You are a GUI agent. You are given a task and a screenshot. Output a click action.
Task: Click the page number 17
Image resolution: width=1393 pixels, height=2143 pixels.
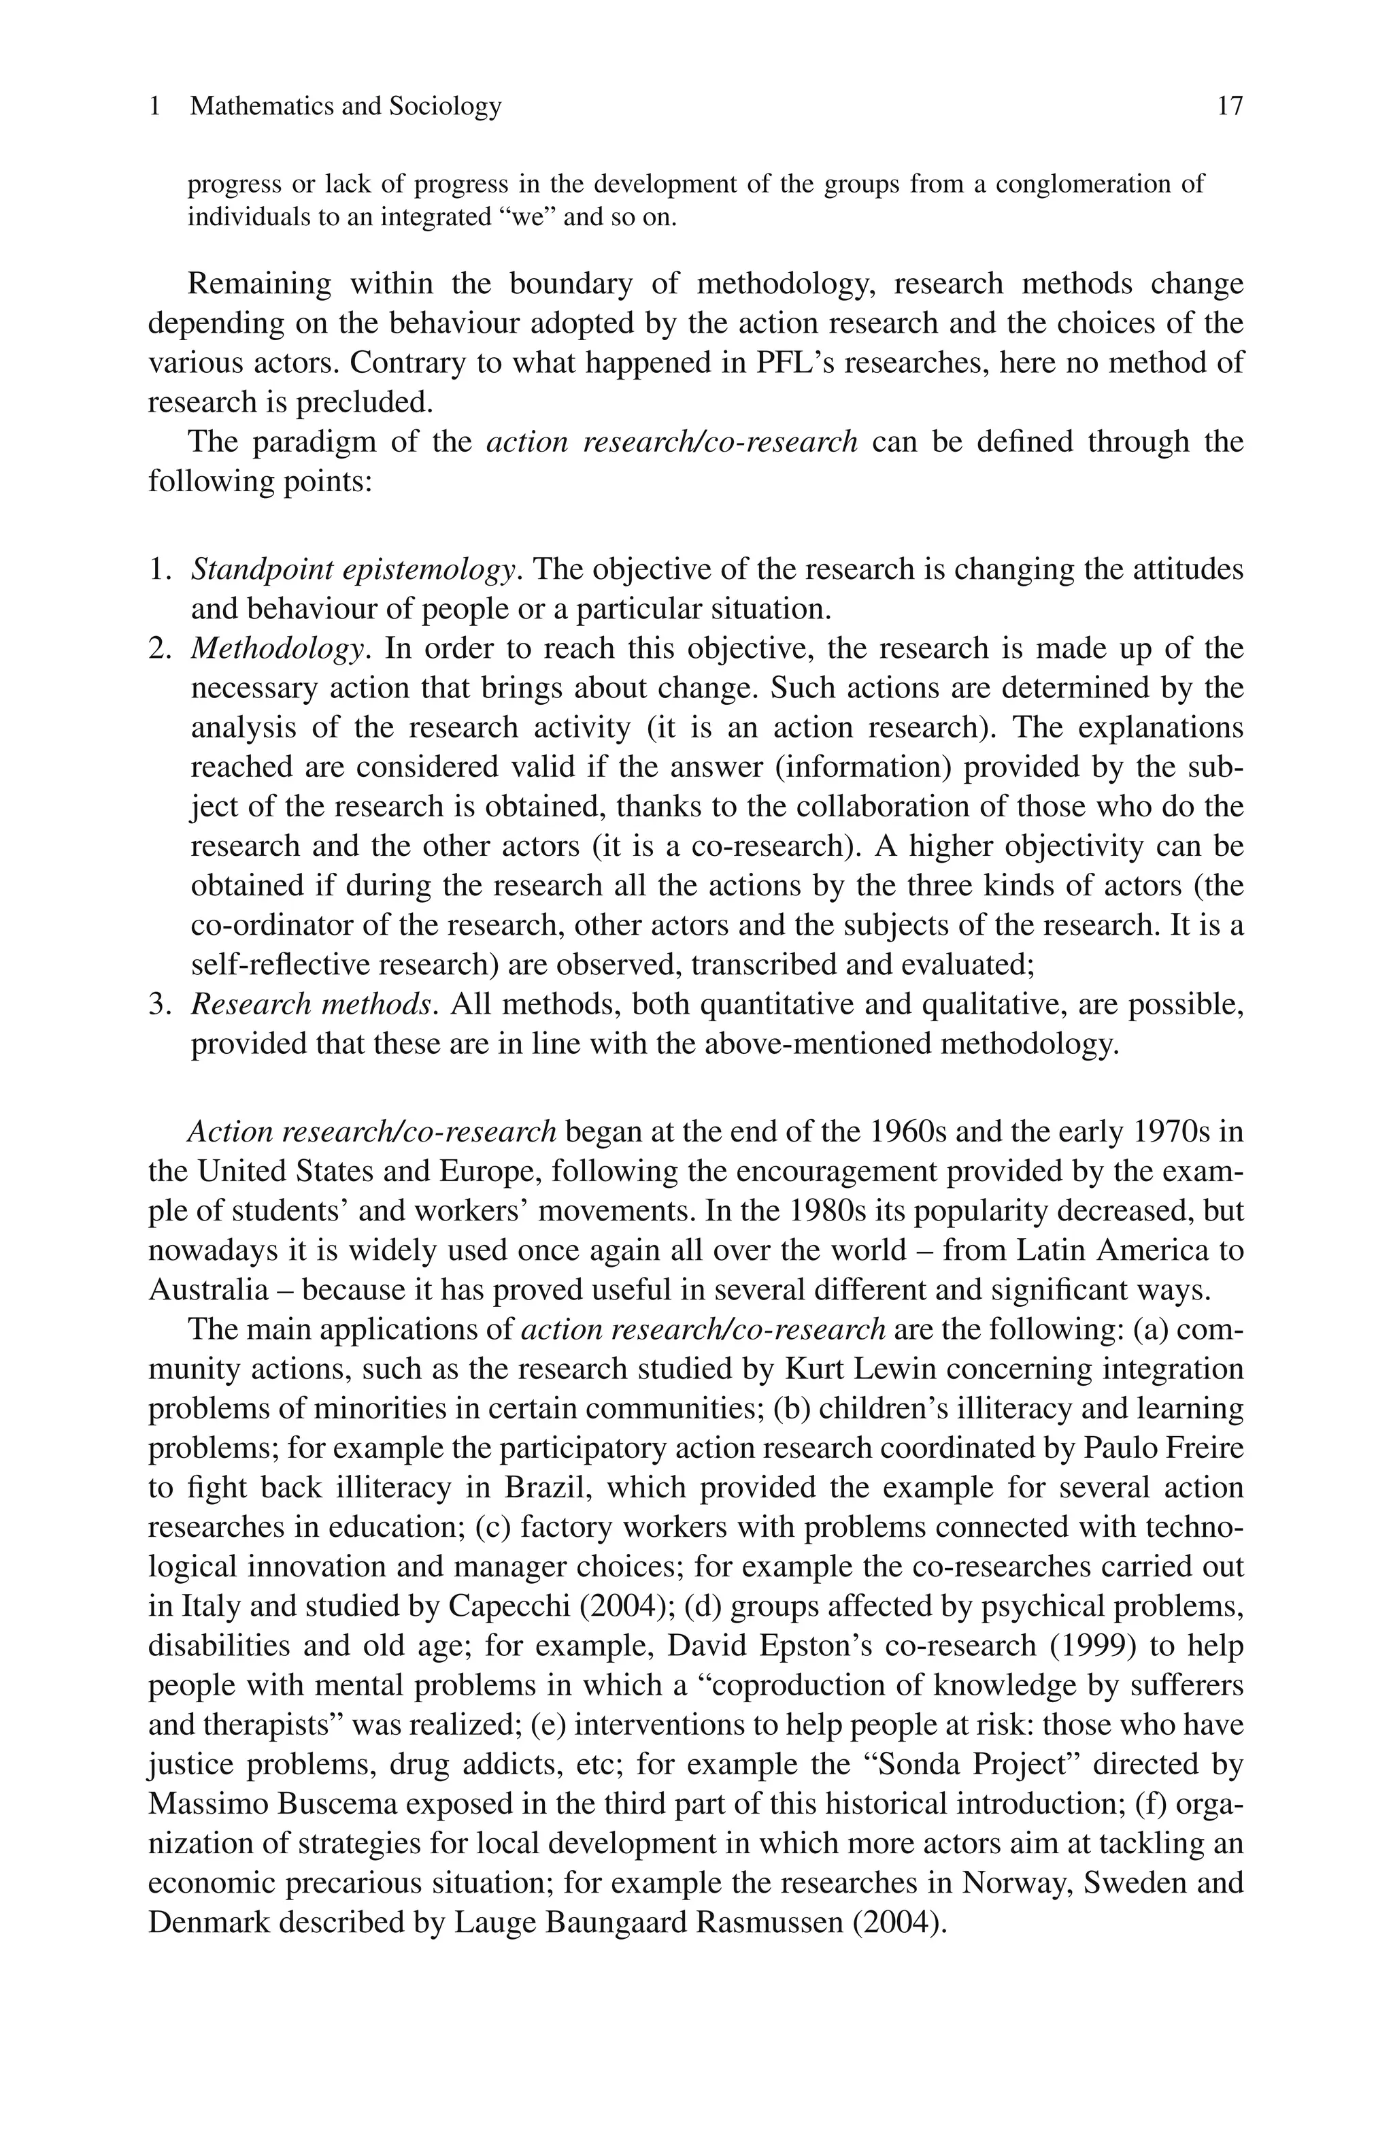(x=1229, y=106)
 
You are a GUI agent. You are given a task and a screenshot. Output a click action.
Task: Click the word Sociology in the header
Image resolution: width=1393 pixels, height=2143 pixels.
(x=445, y=106)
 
